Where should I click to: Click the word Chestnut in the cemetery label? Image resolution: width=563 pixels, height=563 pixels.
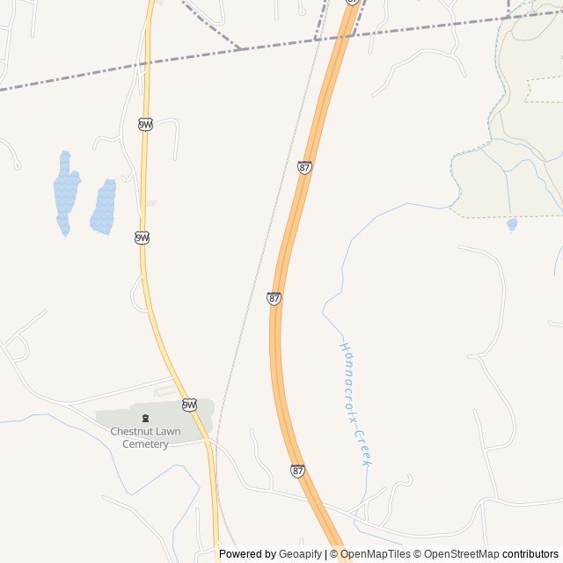coord(131,431)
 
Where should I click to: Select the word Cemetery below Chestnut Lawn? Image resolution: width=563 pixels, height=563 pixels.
coord(145,444)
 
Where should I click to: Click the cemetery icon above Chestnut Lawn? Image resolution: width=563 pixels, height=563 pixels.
coord(145,417)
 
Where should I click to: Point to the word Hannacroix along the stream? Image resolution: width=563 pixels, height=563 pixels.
coord(349,379)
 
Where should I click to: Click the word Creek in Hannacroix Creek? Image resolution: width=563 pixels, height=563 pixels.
coord(364,449)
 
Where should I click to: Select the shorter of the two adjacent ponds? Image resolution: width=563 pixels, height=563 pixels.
coord(104,208)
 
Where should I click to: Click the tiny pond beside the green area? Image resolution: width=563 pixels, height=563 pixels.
coord(512,224)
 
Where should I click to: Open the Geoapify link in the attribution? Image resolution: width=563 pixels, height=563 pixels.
coord(301,554)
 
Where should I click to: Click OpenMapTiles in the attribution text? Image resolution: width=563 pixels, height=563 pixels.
coord(376,554)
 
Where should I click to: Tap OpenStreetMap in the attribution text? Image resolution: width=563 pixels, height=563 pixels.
coord(461,554)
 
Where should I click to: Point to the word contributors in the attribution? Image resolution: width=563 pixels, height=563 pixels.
coord(530,554)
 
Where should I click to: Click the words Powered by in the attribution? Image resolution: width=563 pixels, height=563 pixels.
coord(248,554)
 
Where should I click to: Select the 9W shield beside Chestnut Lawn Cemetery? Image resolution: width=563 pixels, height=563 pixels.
coord(189,405)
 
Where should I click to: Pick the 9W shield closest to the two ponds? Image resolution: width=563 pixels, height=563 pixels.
coord(142,238)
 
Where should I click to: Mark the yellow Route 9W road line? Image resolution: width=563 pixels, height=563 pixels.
coord(144,176)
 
